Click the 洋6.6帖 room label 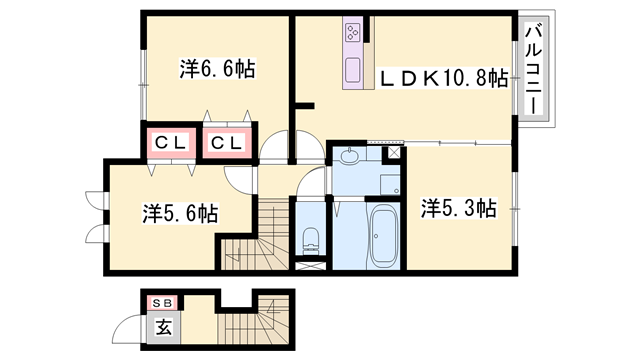(x=217, y=69)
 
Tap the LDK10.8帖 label (x=441, y=78)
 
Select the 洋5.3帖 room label (x=457, y=208)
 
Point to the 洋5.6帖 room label (x=180, y=213)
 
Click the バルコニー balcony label (x=533, y=71)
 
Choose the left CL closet (x=171, y=143)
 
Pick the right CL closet (x=227, y=143)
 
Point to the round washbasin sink (x=347, y=156)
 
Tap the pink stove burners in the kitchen (x=355, y=36)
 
